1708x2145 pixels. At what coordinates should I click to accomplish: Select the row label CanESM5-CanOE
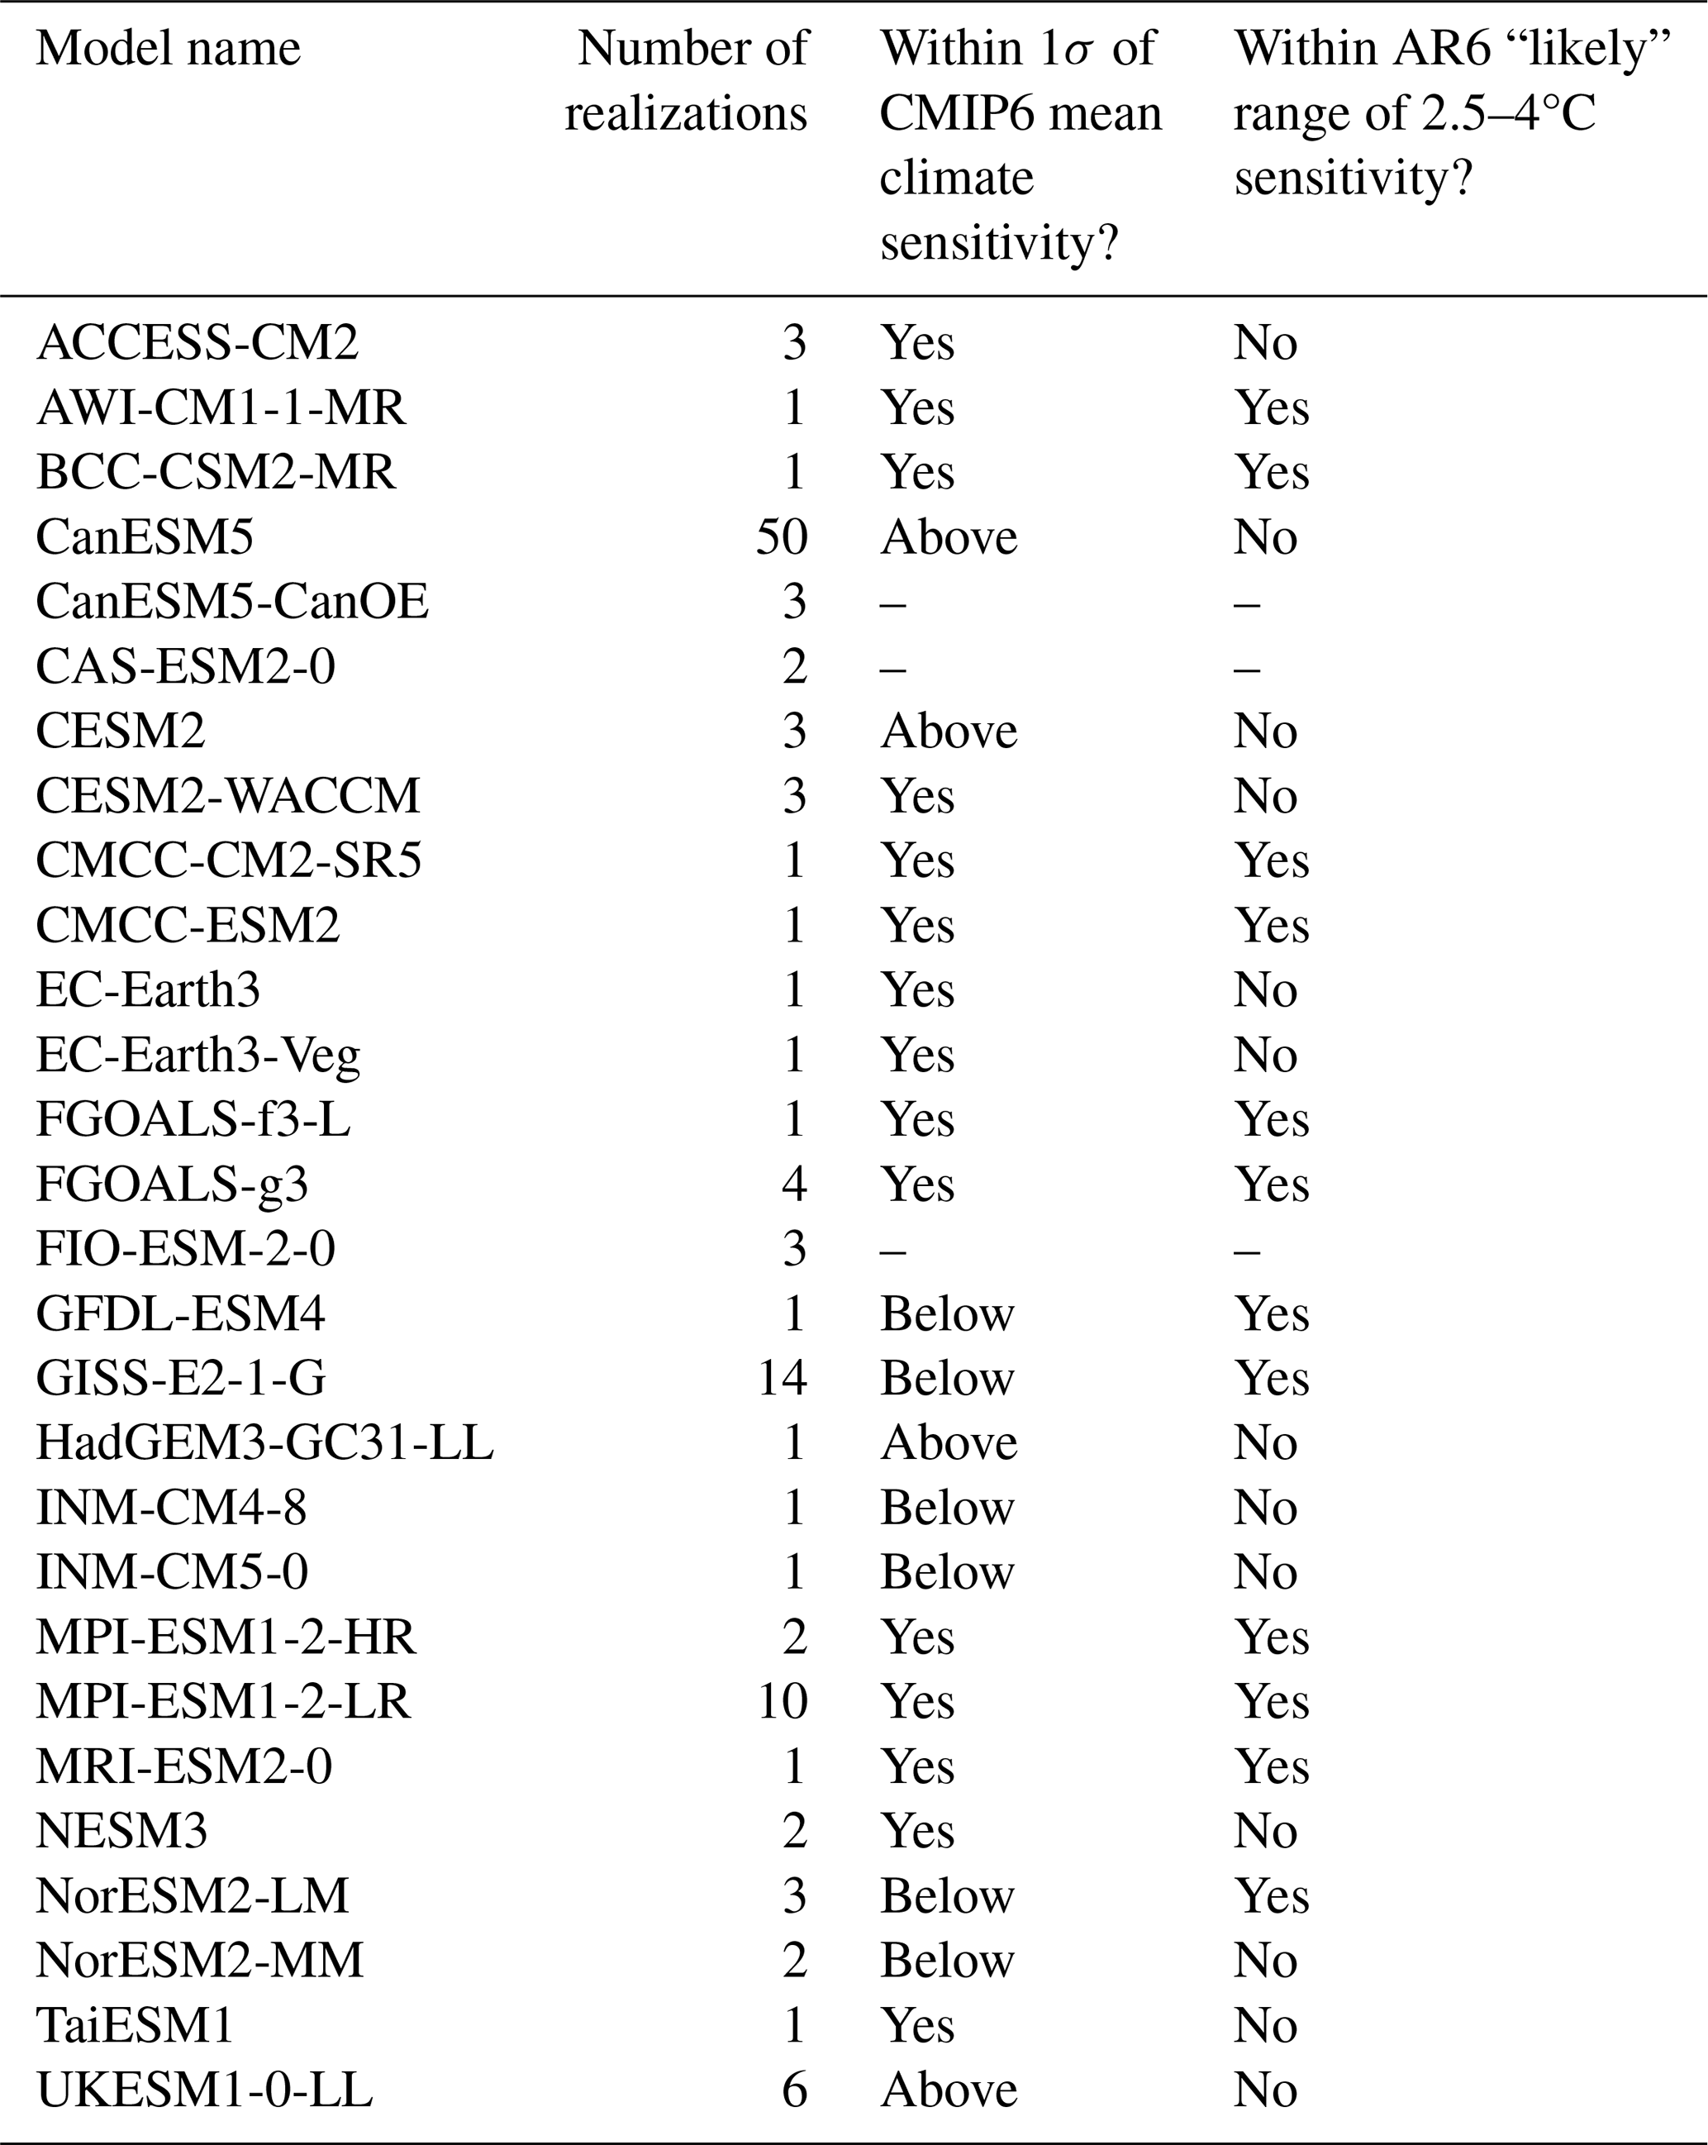[x=231, y=602]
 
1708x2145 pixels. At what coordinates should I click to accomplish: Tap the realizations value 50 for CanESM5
[x=781, y=537]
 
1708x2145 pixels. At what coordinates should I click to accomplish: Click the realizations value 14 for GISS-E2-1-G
[x=782, y=1378]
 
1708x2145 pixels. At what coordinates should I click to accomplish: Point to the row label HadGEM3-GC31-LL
[x=264, y=1442]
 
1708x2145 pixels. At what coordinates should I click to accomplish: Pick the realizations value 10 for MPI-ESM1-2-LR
[x=782, y=1701]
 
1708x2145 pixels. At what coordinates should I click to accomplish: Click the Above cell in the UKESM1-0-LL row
[x=948, y=2090]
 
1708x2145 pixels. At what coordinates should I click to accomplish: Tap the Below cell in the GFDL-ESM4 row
[x=947, y=1313]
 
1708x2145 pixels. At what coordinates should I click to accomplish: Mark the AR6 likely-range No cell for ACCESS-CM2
[x=1265, y=343]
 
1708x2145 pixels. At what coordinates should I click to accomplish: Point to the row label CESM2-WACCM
[x=228, y=796]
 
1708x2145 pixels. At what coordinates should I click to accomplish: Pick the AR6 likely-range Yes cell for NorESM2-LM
[x=1272, y=1895]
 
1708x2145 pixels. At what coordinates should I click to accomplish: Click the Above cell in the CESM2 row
[x=948, y=732]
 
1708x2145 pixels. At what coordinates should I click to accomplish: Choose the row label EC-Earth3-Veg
[x=198, y=1056]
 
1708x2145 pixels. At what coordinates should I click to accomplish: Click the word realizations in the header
[x=685, y=113]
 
